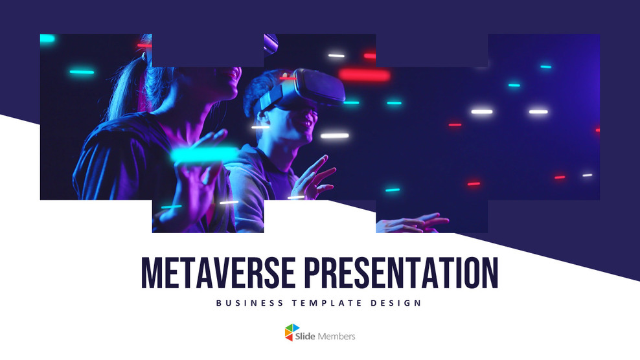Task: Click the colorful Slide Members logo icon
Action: (x=293, y=333)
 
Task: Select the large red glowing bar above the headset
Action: (x=365, y=75)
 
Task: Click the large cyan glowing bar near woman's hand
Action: (x=204, y=154)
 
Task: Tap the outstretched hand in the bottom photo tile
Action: (x=415, y=223)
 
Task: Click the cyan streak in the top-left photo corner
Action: (x=47, y=39)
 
